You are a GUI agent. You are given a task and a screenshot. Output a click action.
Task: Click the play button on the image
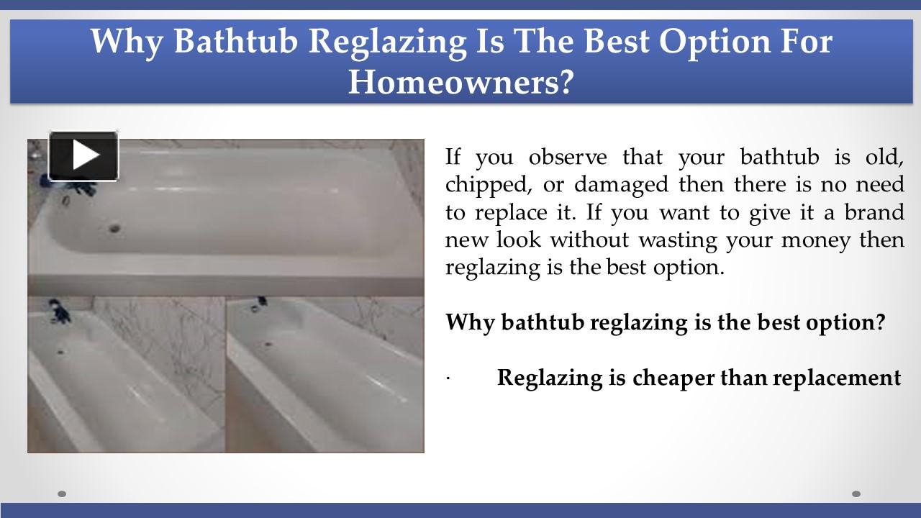83,155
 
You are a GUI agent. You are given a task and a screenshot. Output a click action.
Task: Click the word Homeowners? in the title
461,81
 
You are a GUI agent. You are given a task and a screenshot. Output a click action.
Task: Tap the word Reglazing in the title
388,42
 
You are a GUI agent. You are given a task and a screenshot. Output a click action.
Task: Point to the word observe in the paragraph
568,157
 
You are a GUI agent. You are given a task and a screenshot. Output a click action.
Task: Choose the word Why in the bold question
469,322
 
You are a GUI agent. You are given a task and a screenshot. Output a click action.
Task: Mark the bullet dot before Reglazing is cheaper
448,378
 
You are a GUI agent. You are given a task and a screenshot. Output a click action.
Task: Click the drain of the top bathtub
114,230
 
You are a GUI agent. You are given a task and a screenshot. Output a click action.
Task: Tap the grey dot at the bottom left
62,494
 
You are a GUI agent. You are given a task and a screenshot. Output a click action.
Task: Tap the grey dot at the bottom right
856,494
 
